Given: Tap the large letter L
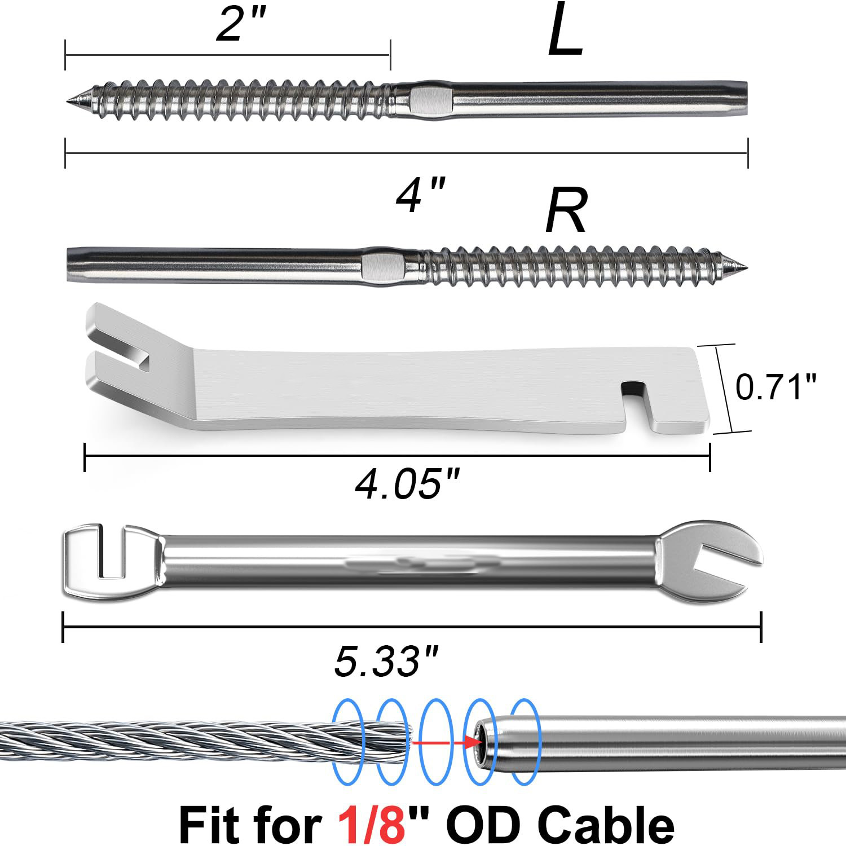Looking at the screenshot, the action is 565,30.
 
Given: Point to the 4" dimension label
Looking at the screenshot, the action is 421,195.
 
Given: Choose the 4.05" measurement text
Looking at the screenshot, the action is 407,483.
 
